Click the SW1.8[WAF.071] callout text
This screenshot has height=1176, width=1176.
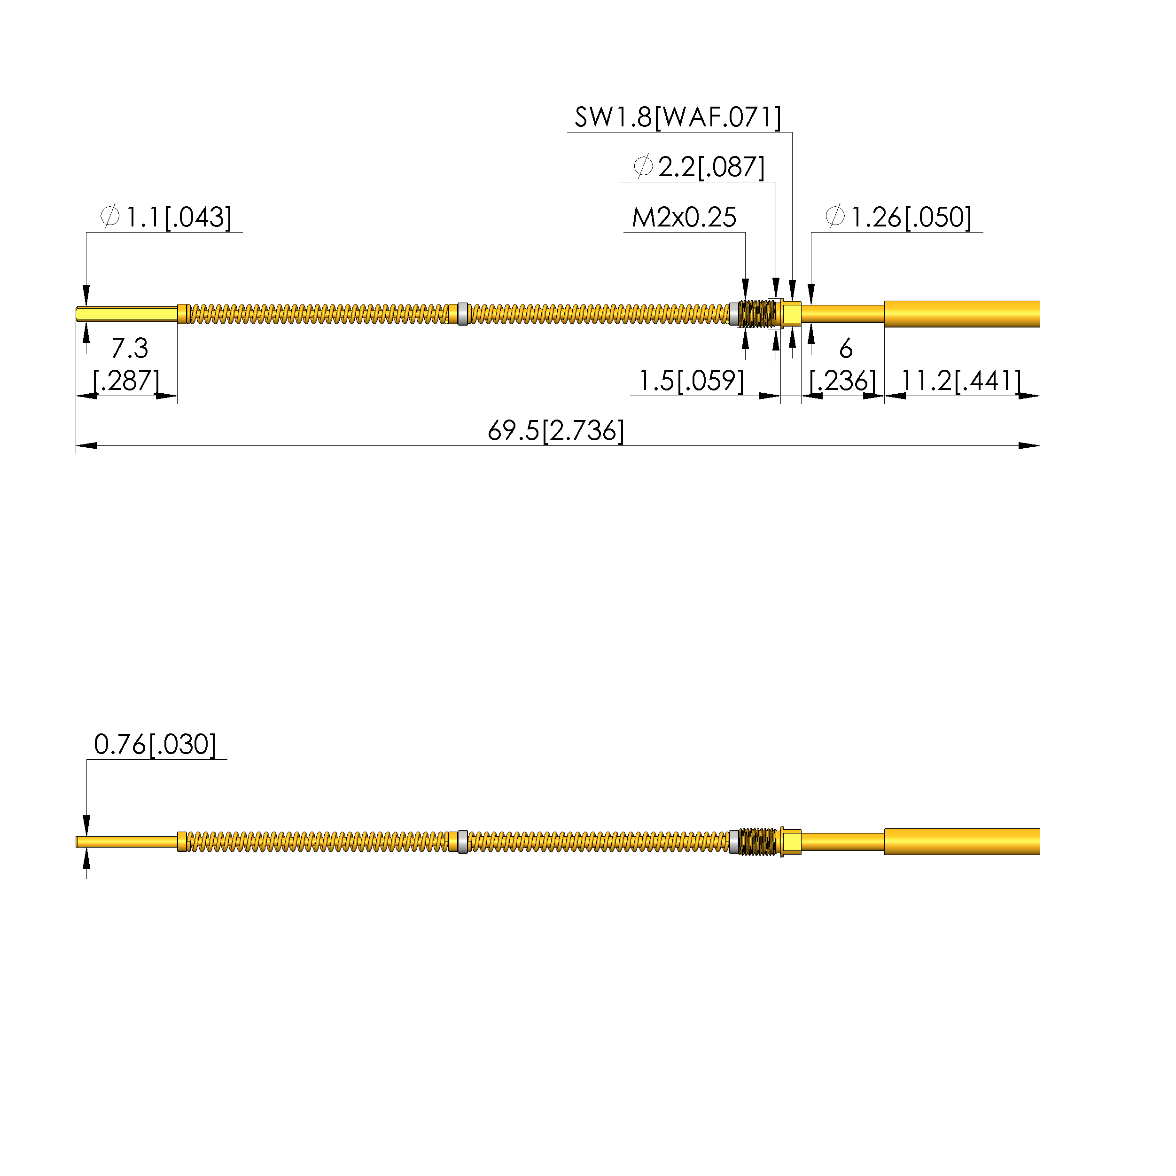pos(678,117)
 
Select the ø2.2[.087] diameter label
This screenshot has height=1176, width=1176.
pos(699,167)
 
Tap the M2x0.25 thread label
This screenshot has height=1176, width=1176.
pos(684,218)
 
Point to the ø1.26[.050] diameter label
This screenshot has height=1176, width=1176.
pos(898,218)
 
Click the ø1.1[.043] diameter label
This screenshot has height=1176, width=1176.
pos(165,218)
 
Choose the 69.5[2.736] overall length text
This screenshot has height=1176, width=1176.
pos(556,430)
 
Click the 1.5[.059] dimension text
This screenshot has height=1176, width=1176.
pos(691,381)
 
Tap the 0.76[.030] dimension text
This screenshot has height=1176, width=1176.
pos(155,744)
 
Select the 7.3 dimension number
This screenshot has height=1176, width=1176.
pos(130,348)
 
